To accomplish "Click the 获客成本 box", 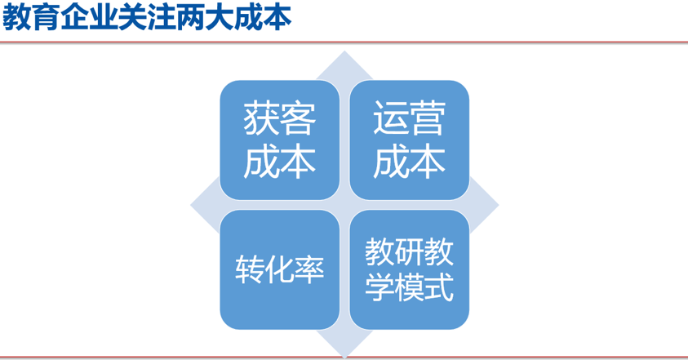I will click(x=280, y=140).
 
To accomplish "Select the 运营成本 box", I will click(x=409, y=140).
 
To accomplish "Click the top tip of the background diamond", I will click(x=344, y=54).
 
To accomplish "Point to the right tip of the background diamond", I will click(x=497, y=204).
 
